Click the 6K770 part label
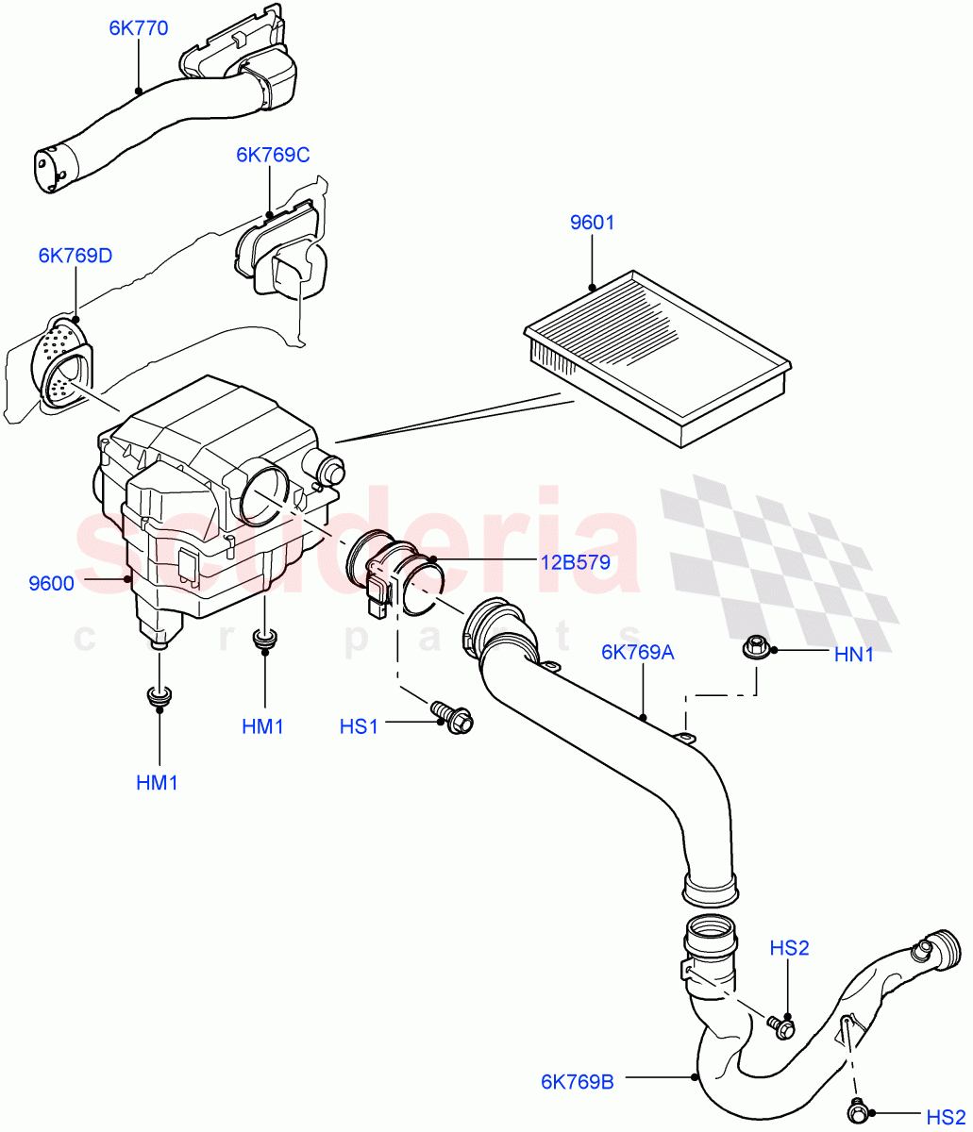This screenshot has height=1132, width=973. coord(138,28)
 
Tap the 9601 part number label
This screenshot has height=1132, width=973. coord(592,224)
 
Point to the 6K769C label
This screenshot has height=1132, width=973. coord(273,155)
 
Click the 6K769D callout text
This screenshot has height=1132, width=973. coord(75,257)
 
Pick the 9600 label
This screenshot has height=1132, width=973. coord(51,584)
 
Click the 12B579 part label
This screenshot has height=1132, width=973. coord(575,563)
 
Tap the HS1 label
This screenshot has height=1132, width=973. coord(359,726)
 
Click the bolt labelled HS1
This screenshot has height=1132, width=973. coord(452,716)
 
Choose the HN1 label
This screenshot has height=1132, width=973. coord(854,654)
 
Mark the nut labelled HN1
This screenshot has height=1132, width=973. coord(755,648)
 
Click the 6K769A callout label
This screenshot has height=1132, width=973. coord(639,652)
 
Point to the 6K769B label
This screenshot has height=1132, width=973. coord(578,1082)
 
